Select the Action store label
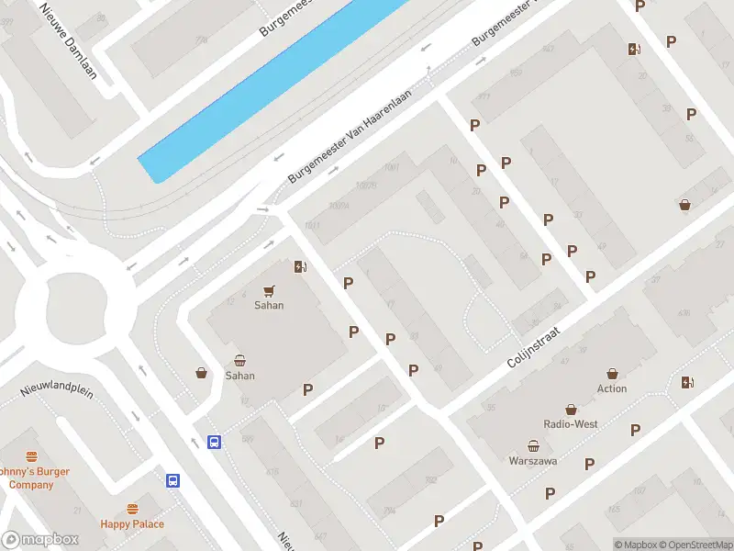(x=612, y=388)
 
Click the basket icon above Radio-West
(x=572, y=409)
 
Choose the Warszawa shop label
(x=534, y=460)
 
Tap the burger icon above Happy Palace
(x=133, y=509)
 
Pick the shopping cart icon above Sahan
(x=269, y=290)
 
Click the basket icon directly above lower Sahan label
(x=240, y=360)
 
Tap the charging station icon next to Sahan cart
(x=300, y=267)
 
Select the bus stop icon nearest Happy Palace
(x=172, y=480)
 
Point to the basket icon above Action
(x=612, y=373)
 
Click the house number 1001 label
(x=392, y=167)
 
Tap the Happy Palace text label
(x=133, y=524)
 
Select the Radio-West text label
(x=572, y=424)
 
